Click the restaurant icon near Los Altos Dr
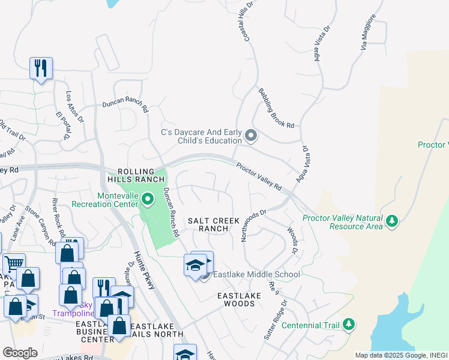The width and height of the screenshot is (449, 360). (x=41, y=68)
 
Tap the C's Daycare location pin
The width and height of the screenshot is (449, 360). (x=251, y=136)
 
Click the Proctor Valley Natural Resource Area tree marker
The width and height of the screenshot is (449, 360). (x=392, y=221)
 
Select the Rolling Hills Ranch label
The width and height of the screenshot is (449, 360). (x=136, y=175)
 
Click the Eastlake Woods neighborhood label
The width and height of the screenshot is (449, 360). (x=235, y=300)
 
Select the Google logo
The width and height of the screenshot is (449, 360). (x=20, y=353)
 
